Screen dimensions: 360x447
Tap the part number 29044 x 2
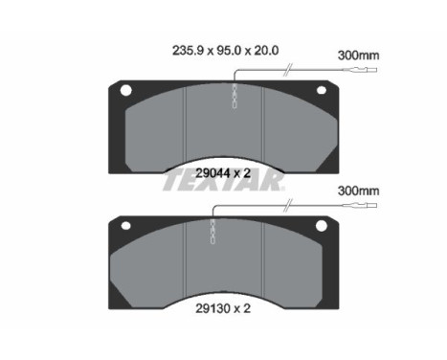click(x=222, y=173)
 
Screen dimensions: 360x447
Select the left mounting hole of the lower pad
click(x=125, y=226)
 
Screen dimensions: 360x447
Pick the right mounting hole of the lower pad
click(x=320, y=226)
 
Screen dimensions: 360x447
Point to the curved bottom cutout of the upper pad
click(x=222, y=159)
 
